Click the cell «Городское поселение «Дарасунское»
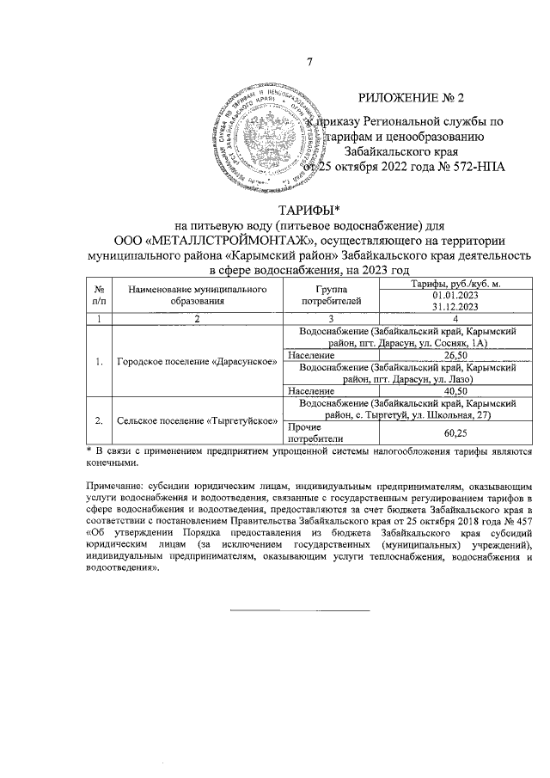[197, 361]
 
